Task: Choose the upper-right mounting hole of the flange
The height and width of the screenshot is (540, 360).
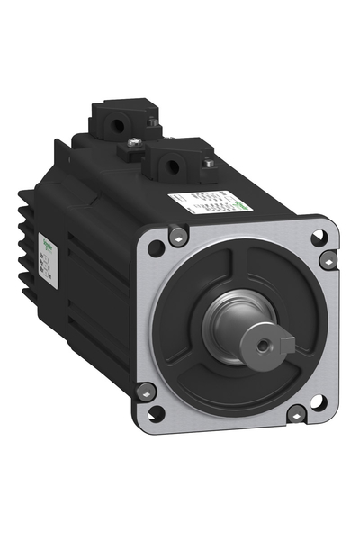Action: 318,238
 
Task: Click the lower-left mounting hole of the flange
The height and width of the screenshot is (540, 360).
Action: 156,413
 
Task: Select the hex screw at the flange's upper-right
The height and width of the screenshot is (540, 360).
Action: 328,260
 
